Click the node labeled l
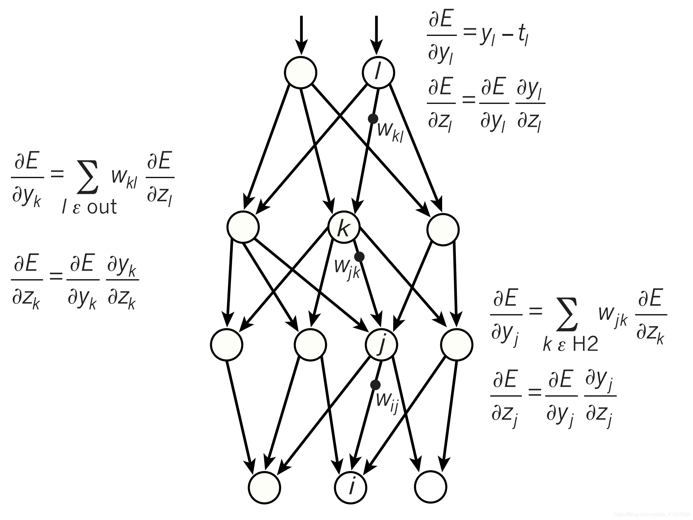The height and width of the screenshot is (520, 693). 378,73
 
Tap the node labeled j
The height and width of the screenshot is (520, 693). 381,345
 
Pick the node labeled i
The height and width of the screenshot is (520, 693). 351,487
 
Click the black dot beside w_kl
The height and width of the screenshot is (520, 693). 373,119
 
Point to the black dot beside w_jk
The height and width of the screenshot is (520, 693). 359,257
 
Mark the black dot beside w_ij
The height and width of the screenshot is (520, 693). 375,385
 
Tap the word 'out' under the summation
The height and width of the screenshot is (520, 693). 102,207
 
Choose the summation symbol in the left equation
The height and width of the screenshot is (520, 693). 88,177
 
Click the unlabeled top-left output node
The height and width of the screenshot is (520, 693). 300,73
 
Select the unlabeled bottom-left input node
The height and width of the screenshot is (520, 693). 265,487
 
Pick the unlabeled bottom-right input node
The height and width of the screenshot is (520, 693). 430,487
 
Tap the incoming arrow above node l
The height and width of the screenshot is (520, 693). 376,35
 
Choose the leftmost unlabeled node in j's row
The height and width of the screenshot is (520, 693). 227,345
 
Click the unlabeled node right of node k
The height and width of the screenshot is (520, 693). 443,230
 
